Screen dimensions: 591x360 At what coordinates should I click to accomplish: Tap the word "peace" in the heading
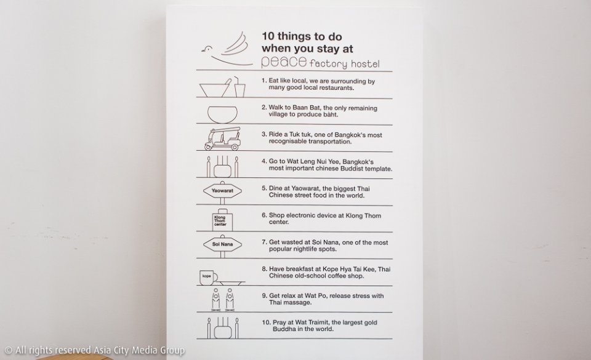284,62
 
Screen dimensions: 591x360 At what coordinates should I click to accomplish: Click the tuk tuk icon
222,138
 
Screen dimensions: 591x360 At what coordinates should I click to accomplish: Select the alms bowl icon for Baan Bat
222,114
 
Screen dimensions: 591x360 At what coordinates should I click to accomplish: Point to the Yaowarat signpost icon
222,191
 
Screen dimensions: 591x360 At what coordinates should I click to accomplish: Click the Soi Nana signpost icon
222,245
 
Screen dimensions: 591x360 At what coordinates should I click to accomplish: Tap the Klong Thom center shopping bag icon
222,220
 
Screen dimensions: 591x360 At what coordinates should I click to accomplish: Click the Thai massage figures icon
222,300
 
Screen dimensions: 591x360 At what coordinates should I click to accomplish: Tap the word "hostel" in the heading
365,64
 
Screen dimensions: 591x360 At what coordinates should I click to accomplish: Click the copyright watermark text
95,350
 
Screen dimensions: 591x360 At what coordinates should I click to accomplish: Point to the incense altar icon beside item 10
222,328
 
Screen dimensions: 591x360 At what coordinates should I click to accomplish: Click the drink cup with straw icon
239,87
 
